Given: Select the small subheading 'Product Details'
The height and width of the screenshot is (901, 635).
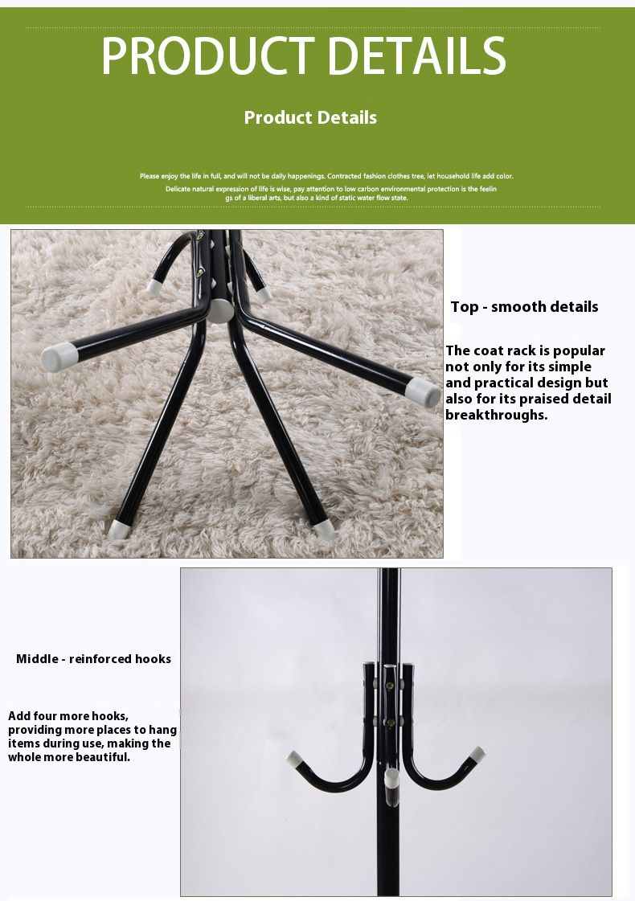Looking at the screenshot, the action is [310, 117].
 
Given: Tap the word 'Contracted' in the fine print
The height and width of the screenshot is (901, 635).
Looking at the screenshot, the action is [344, 176].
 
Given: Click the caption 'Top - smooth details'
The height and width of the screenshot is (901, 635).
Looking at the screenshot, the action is [524, 307].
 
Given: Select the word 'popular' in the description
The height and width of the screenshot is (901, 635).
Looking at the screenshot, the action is [580, 351].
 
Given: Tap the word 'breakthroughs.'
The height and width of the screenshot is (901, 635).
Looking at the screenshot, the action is [497, 415].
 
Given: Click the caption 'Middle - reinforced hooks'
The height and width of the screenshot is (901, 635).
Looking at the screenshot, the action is [94, 659].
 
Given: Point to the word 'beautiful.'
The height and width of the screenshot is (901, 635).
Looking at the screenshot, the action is [100, 757].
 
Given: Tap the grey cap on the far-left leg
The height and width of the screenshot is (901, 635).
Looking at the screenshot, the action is [59, 356].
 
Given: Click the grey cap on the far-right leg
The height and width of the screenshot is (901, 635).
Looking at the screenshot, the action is [424, 391].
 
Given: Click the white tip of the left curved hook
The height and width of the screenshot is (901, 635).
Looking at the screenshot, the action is [294, 759].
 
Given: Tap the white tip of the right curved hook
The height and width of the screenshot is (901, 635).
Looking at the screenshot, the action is [477, 753].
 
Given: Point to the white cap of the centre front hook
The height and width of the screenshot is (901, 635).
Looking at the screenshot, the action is [391, 779].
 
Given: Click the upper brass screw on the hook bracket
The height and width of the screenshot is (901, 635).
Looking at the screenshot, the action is [390, 686].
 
